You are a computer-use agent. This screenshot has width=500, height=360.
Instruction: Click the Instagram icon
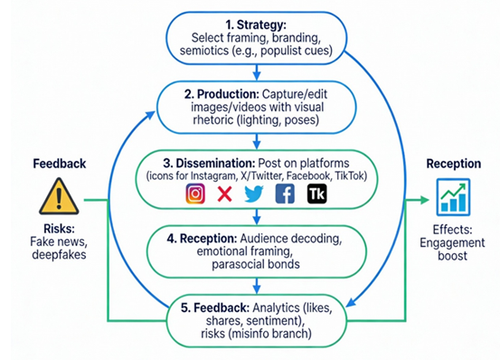[195, 193]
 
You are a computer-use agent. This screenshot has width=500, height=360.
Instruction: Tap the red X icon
[224, 193]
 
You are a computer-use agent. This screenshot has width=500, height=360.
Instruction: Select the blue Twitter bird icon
[253, 193]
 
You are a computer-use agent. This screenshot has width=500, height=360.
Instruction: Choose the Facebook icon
[284, 193]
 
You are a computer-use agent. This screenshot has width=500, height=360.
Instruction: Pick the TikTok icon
[316, 193]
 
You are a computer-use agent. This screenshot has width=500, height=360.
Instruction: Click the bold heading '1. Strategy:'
[258, 24]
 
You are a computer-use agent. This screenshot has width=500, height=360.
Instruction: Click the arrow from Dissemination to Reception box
[257, 215]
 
